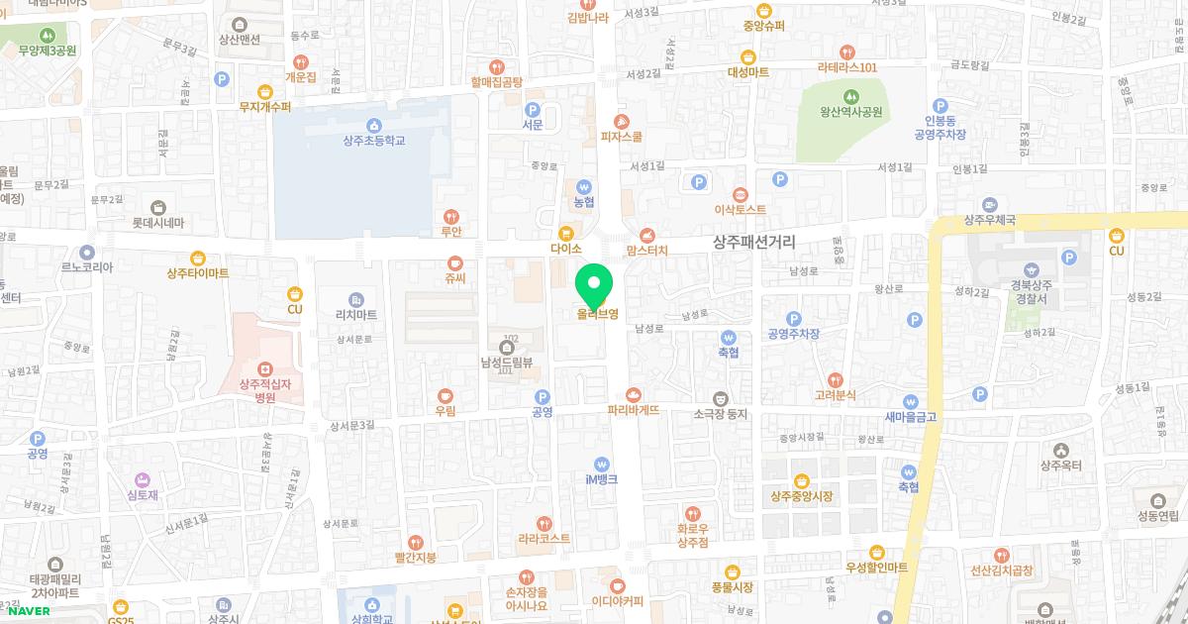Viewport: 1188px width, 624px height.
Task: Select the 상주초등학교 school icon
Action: coord(373,125)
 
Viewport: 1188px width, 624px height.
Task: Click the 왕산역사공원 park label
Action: coord(843,112)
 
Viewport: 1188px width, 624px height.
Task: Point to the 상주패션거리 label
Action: coord(754,242)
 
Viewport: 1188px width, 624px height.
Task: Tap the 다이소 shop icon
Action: coord(565,234)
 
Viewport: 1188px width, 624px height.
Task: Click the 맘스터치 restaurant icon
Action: coord(647,235)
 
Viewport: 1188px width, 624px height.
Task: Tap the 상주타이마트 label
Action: coord(198,272)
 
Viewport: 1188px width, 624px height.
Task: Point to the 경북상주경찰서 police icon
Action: coord(1032,269)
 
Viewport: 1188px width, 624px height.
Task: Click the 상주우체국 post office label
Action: coord(991,220)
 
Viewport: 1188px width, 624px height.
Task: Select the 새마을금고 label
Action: coord(910,417)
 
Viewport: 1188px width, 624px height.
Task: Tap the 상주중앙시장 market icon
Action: coord(801,479)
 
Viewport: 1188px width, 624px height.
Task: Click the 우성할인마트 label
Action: coord(876,567)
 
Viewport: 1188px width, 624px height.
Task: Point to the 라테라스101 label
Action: coord(847,67)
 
